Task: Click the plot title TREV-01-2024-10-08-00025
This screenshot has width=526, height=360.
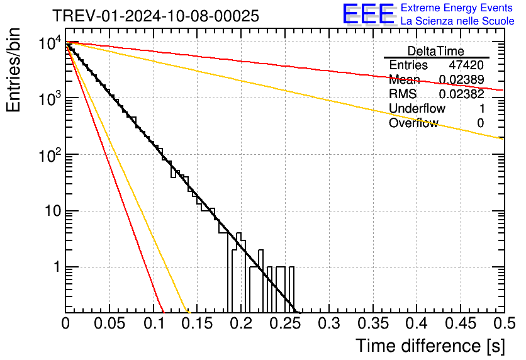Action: [155, 16]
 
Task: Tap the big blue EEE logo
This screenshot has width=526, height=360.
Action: [367, 14]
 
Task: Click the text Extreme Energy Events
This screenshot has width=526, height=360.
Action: [457, 8]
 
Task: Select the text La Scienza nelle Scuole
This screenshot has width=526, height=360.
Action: [457, 21]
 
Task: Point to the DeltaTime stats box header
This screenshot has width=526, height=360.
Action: [436, 51]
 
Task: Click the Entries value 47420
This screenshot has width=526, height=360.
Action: [466, 65]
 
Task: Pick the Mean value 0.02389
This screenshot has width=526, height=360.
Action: [461, 80]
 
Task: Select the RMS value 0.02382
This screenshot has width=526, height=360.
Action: [461, 94]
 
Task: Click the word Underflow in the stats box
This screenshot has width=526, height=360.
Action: [417, 109]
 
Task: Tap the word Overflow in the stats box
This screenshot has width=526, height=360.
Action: [413, 123]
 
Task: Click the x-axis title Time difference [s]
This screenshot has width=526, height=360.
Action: [430, 346]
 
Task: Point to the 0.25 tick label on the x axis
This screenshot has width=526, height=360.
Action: [285, 323]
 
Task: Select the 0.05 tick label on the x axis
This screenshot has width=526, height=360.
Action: [109, 323]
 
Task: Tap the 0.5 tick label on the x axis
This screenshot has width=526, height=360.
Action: [502, 323]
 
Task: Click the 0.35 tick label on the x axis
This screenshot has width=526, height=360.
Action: [372, 323]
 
